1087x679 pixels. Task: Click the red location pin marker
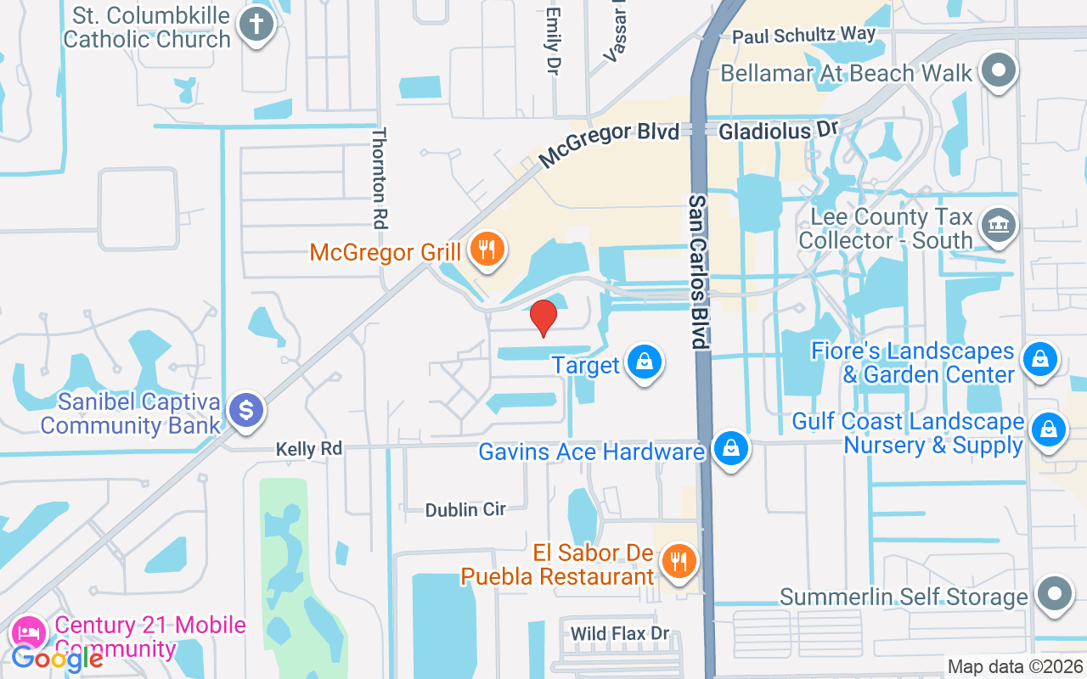tap(543, 317)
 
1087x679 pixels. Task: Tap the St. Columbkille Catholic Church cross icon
tap(255, 25)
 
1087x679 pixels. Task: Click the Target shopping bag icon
tap(645, 362)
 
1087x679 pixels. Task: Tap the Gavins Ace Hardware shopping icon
tap(729, 448)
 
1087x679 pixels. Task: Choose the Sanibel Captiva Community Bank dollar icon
tap(246, 412)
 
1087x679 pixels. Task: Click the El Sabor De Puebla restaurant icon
tap(679, 562)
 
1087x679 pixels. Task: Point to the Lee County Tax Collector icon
tap(998, 226)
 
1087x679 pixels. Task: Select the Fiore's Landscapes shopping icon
tap(1039, 360)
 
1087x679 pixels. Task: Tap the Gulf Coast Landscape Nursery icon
tap(1049, 430)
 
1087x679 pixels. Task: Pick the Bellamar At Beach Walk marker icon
tap(999, 70)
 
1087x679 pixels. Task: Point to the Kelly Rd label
tap(309, 448)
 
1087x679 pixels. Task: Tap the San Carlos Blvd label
tap(698, 272)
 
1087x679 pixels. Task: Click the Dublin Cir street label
tap(465, 509)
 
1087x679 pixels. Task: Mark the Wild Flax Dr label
tap(620, 633)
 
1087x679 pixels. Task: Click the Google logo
tap(57, 659)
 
